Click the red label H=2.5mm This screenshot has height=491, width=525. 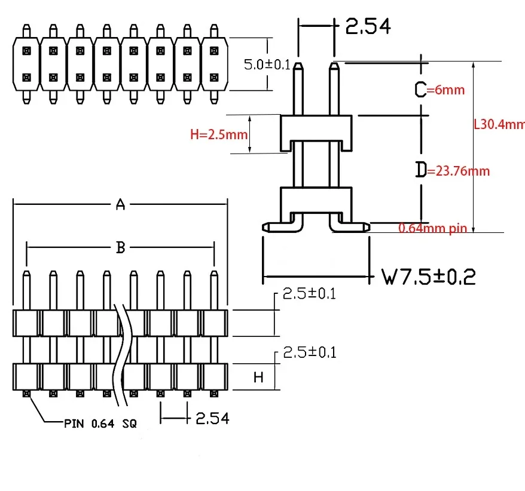tap(219, 134)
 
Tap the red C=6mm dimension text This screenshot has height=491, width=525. tap(439, 90)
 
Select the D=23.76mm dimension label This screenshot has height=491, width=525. tap(452, 170)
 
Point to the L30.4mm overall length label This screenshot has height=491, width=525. tap(499, 124)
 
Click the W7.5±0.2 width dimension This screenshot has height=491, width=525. tap(429, 277)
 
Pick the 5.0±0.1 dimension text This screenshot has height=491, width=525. tap(267, 65)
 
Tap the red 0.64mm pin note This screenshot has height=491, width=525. tap(432, 228)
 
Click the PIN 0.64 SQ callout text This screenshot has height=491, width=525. tap(100, 424)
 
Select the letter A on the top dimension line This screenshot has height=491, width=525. tap(121, 204)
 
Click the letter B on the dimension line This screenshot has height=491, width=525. tap(121, 248)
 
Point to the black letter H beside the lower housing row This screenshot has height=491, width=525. tap(258, 378)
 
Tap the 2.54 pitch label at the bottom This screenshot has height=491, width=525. tap(212, 418)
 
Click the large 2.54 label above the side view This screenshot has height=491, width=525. tap(368, 26)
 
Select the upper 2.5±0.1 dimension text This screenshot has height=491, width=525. tap(309, 293)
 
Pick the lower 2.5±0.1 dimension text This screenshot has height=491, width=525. tap(310, 352)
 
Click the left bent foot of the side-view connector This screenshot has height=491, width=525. tap(283, 228)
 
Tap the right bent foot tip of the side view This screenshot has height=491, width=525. tap(367, 228)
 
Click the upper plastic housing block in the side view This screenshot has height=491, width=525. tap(316, 128)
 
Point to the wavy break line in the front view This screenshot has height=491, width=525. tap(122, 355)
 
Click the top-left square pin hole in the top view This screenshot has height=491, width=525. tap(26, 51)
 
